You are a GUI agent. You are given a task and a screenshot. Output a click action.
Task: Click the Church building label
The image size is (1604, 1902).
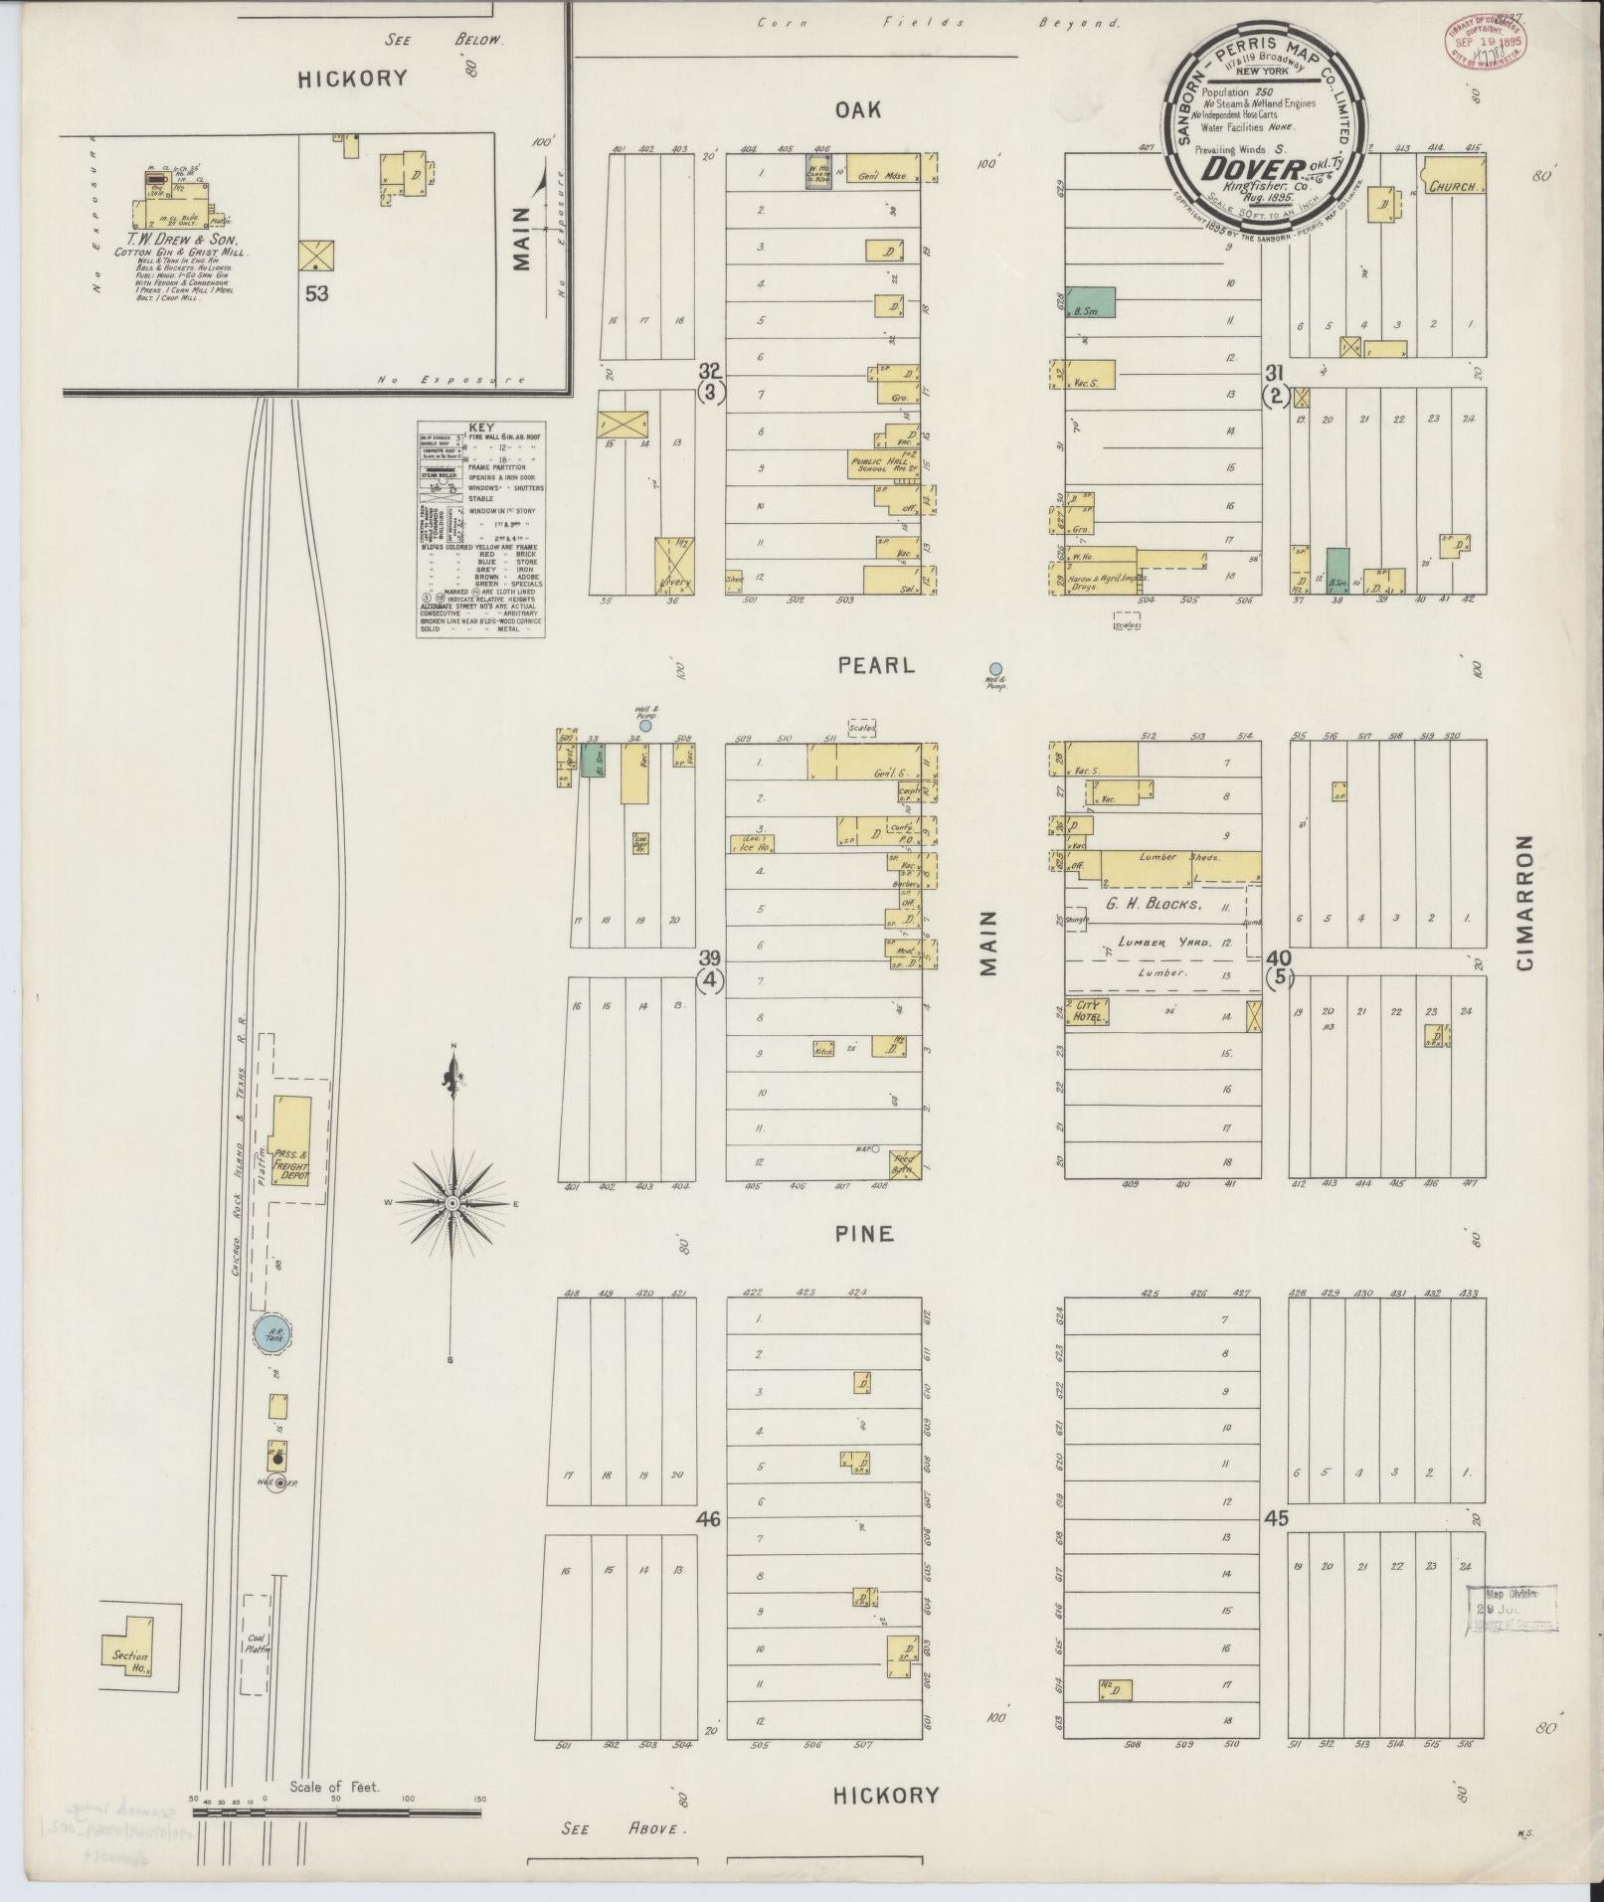[1455, 185]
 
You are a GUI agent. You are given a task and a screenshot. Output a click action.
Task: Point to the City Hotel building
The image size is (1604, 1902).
[1088, 1012]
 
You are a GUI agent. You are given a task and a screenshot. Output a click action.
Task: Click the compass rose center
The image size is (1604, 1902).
[452, 1204]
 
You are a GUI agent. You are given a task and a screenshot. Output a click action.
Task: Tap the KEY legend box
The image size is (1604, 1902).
[479, 529]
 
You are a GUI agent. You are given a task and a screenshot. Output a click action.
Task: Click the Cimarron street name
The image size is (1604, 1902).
[1526, 903]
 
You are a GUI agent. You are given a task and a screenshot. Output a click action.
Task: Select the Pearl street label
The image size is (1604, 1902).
[875, 665]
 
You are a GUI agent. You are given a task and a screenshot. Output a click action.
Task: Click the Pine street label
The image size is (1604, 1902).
[864, 1234]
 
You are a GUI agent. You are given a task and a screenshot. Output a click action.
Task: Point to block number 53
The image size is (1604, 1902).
[316, 293]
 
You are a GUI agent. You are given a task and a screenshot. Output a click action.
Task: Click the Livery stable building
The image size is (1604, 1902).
[675, 566]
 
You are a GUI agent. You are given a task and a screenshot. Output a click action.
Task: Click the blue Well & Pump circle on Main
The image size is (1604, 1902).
[995, 669]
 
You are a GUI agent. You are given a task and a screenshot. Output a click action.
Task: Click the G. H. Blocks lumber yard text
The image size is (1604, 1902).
[1152, 905]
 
